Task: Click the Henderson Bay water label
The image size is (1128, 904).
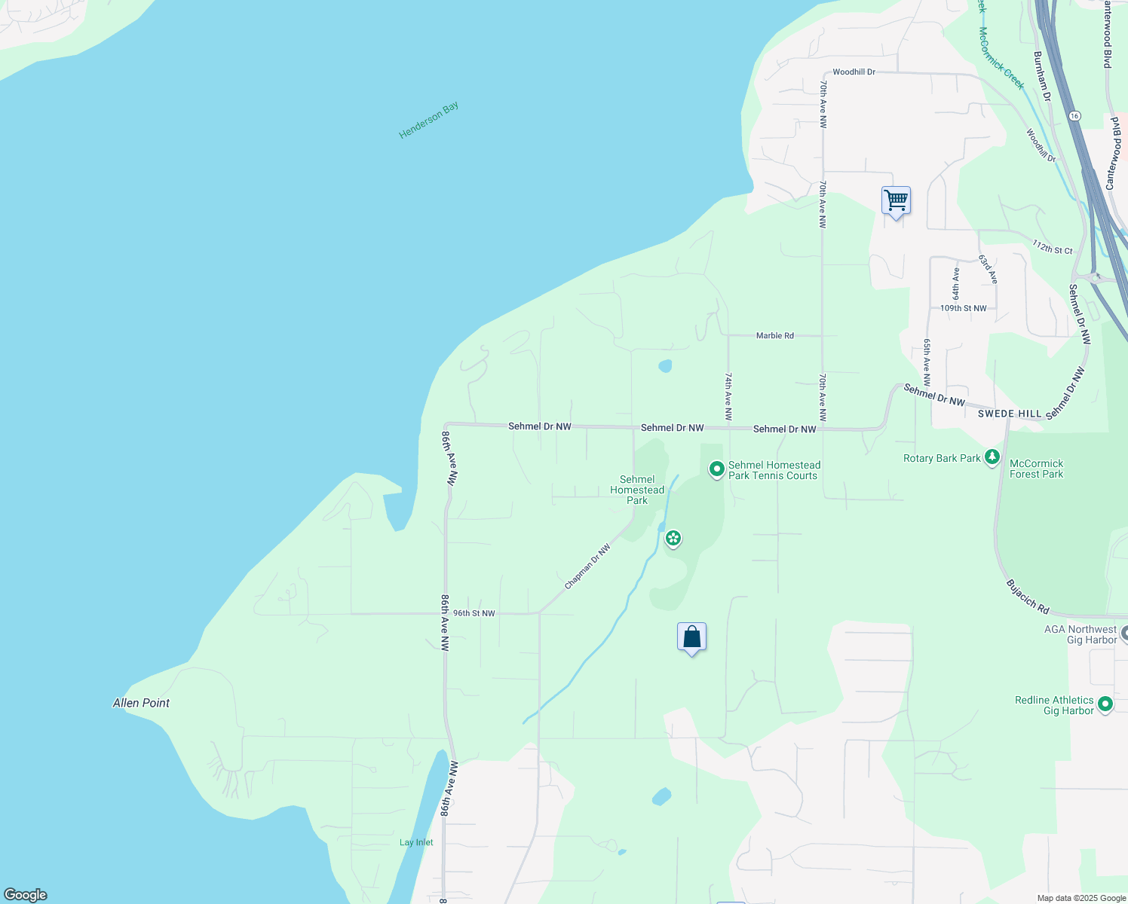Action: pyautogui.click(x=428, y=120)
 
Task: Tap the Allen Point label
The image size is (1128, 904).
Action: pyautogui.click(x=141, y=703)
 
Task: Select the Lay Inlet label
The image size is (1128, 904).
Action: pyautogui.click(x=416, y=842)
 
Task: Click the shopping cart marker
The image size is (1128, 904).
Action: pyautogui.click(x=896, y=201)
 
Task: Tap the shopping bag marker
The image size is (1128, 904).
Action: pyautogui.click(x=691, y=637)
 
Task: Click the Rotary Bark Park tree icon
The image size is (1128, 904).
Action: pyautogui.click(x=992, y=457)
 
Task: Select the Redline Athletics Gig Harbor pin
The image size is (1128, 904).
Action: pyautogui.click(x=1105, y=704)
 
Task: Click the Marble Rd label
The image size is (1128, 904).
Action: pyautogui.click(x=774, y=335)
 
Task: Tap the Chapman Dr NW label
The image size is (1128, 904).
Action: pyautogui.click(x=587, y=567)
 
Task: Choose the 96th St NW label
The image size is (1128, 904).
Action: pyautogui.click(x=474, y=613)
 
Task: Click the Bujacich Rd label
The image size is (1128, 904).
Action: pyautogui.click(x=1028, y=596)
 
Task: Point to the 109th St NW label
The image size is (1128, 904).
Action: pyautogui.click(x=963, y=308)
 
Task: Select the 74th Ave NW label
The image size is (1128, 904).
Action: pyautogui.click(x=728, y=395)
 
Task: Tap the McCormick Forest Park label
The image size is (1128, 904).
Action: pyautogui.click(x=1036, y=469)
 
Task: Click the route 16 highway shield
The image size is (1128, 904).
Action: pyautogui.click(x=1074, y=116)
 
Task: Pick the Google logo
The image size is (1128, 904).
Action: pyautogui.click(x=26, y=895)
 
